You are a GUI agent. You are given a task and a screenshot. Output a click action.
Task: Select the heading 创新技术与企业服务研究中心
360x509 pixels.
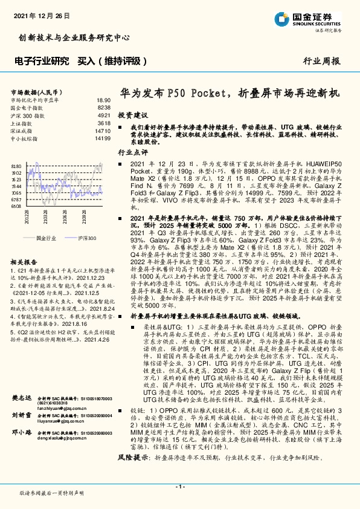pos(74,37)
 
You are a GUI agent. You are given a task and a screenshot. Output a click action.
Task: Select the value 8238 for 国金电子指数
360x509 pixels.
pos(104,108)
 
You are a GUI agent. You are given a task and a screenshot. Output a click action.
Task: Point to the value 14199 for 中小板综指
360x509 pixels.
pos(103,138)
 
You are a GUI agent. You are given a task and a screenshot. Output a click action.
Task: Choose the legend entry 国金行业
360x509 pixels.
pos(47,239)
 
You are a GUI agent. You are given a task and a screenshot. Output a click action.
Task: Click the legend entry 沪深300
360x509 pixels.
pos(86,239)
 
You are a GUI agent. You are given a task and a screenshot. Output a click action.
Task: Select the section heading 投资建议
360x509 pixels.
pos(132,114)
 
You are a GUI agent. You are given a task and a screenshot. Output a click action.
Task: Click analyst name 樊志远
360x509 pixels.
pos(21,417)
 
